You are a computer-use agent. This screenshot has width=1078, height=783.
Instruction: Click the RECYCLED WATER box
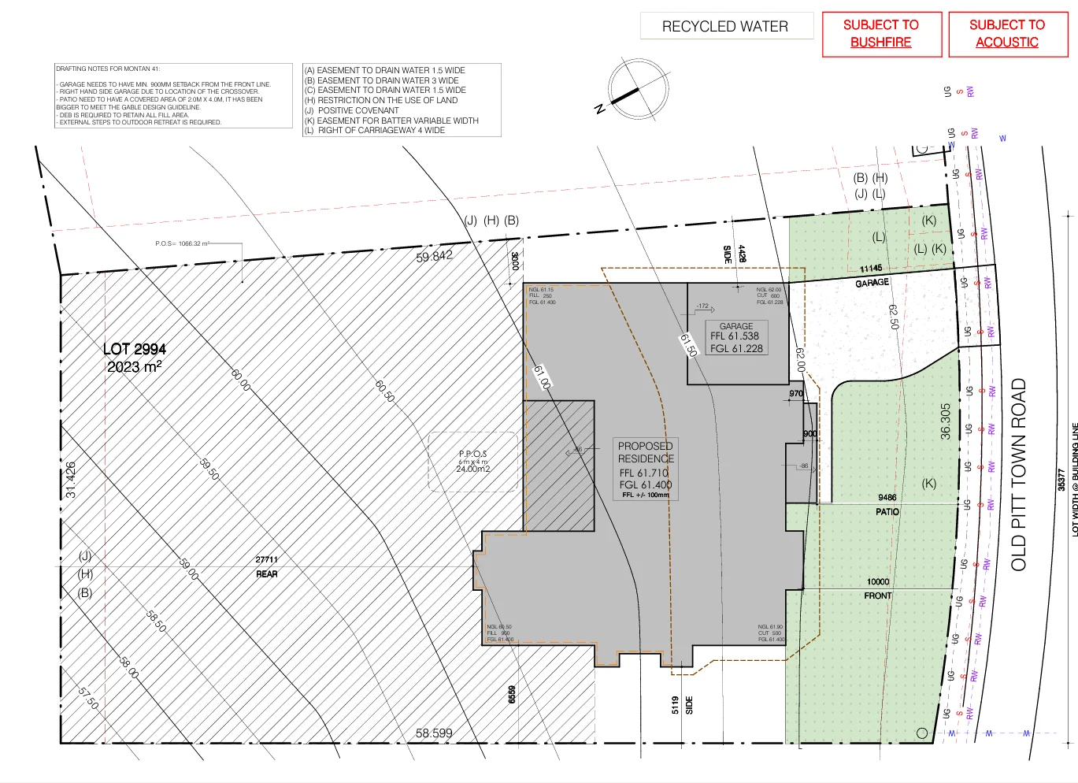(x=725, y=26)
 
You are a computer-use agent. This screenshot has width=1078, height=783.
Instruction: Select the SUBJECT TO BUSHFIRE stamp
(x=881, y=34)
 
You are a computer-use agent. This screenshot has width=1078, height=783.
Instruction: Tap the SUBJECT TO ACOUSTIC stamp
(x=1007, y=34)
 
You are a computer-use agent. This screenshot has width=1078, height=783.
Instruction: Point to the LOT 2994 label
(x=135, y=349)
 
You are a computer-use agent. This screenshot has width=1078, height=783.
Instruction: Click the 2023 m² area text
(x=135, y=367)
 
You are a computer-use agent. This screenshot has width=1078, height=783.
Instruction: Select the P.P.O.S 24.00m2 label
(x=473, y=462)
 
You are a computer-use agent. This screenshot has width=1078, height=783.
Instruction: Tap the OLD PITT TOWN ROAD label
(x=1019, y=474)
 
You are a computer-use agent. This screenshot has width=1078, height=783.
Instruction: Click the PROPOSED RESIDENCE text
(x=646, y=452)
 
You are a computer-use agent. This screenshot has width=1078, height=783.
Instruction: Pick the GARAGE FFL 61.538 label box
(x=736, y=337)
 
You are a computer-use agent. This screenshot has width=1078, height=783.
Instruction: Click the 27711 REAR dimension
(x=266, y=566)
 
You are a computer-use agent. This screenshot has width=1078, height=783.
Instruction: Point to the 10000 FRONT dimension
(x=878, y=588)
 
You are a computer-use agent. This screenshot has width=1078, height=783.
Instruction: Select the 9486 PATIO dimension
(x=887, y=504)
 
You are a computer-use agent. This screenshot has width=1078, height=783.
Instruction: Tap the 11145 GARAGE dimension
(x=872, y=275)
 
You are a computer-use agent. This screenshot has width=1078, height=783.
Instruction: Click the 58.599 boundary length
(x=434, y=733)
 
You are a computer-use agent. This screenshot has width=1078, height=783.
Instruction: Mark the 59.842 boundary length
(x=435, y=256)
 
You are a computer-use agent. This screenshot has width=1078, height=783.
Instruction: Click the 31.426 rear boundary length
(x=71, y=480)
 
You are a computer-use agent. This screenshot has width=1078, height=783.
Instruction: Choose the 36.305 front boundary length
(x=946, y=421)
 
